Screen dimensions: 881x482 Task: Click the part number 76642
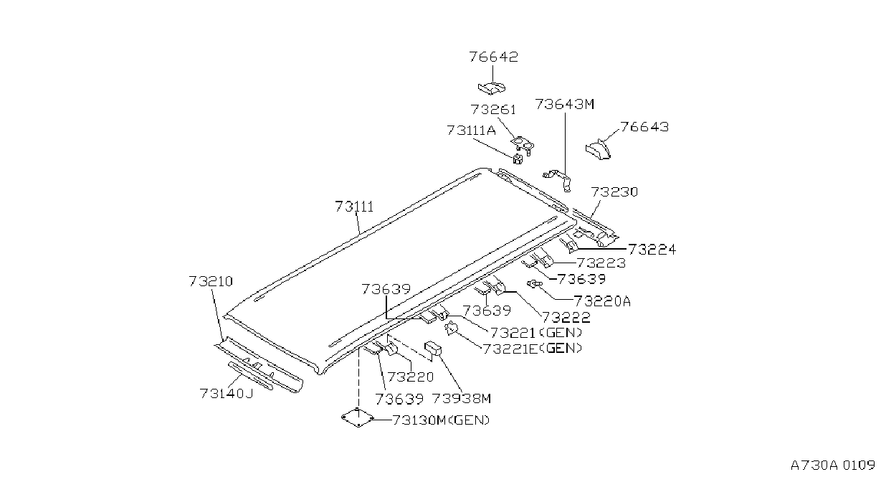pos(494,57)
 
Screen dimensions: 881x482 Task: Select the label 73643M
pos(564,104)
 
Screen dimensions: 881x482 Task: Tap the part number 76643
pos(644,127)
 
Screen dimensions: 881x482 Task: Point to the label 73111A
pos(471,130)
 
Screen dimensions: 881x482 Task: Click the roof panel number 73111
pos(354,207)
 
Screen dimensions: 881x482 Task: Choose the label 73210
pos(211,281)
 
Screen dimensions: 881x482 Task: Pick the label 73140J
pos(226,393)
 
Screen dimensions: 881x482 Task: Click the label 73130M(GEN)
pos(442,420)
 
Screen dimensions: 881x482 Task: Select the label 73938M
pos(462,399)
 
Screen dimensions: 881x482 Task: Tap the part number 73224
pos(652,250)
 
